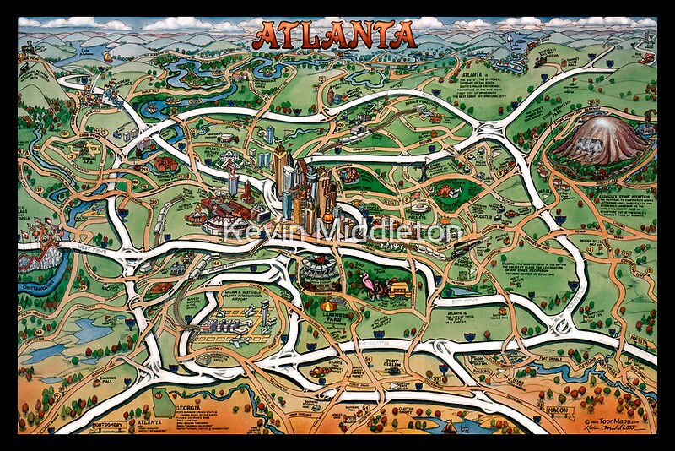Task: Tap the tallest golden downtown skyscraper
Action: (x=281, y=169)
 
